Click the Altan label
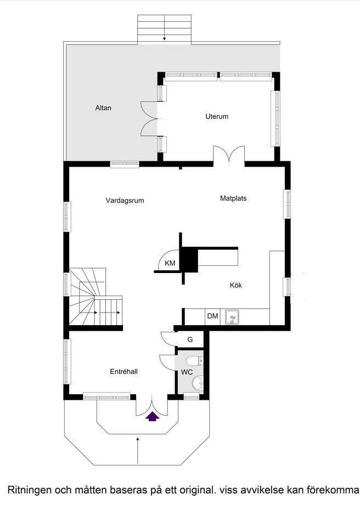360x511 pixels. (103, 108)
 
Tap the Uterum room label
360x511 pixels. (217, 117)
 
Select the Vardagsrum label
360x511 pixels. (125, 201)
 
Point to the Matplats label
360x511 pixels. (233, 198)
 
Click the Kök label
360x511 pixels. (235, 285)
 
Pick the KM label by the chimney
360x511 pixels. (170, 264)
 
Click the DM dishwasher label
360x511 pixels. (212, 316)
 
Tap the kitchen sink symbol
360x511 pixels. (233, 317)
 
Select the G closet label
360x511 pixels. (190, 339)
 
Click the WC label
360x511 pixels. (187, 372)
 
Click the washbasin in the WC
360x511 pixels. (196, 382)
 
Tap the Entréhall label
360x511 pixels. (123, 372)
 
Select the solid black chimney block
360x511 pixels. (189, 259)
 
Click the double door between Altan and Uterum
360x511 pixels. (149, 118)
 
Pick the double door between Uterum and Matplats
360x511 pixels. (228, 155)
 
